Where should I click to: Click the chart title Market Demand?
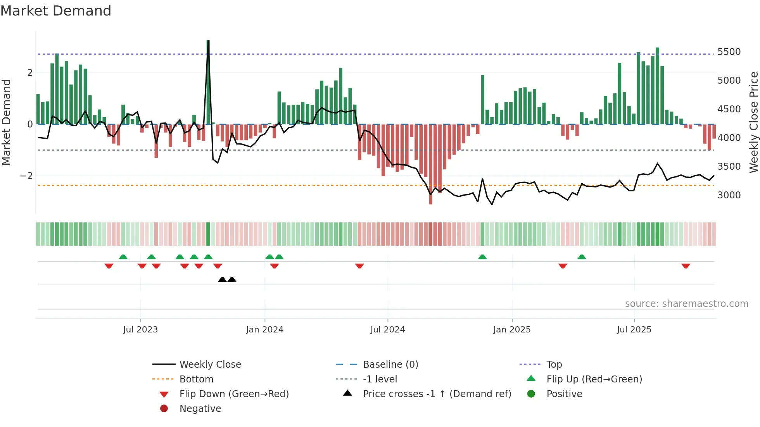56,11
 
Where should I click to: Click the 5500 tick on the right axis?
729,52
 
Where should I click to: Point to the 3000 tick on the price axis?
729,195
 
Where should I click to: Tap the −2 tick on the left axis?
26,176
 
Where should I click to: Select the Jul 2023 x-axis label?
140,330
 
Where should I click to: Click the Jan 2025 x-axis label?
511,330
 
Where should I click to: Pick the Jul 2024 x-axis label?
387,330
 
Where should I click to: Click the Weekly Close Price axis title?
753,122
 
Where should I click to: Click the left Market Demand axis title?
6,122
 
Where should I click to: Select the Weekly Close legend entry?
210,365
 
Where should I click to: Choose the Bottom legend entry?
196,379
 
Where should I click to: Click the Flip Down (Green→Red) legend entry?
234,394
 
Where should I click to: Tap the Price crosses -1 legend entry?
437,394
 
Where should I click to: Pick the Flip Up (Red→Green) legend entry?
594,379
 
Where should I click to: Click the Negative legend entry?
200,409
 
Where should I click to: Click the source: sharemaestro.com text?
686,304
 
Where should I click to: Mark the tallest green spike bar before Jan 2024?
208,81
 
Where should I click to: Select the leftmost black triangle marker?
222,279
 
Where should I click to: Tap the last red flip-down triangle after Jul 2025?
686,266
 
